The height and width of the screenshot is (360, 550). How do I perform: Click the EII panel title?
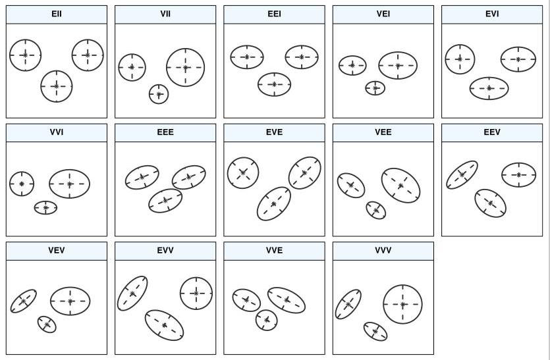click(57, 14)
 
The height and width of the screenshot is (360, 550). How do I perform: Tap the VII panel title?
click(165, 14)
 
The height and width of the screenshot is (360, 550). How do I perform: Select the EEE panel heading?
click(165, 132)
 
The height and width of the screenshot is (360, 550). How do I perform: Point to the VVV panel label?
click(383, 250)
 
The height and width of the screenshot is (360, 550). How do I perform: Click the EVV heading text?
click(165, 250)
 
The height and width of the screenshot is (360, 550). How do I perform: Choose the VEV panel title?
click(57, 250)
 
